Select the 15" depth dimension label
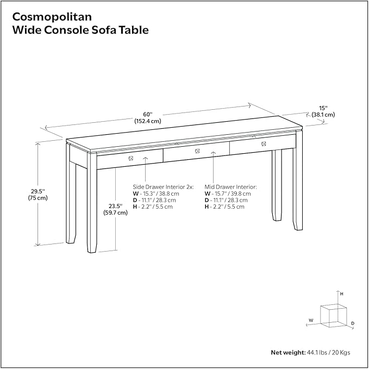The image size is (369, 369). click(323, 111)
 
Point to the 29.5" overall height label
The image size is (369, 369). click(37, 194)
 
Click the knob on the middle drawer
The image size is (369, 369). click(198, 151)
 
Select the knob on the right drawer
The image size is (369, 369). click(264, 143)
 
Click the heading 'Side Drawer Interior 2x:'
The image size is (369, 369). click(163, 186)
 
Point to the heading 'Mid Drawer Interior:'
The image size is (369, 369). click(230, 186)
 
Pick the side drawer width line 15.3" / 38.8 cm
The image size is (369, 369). click(160, 193)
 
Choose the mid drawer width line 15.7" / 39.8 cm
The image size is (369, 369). click(228, 193)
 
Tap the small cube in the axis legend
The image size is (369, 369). click(333, 315)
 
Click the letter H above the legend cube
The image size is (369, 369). click(341, 293)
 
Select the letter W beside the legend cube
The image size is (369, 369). click(311, 320)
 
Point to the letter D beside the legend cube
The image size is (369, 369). click(352, 323)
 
